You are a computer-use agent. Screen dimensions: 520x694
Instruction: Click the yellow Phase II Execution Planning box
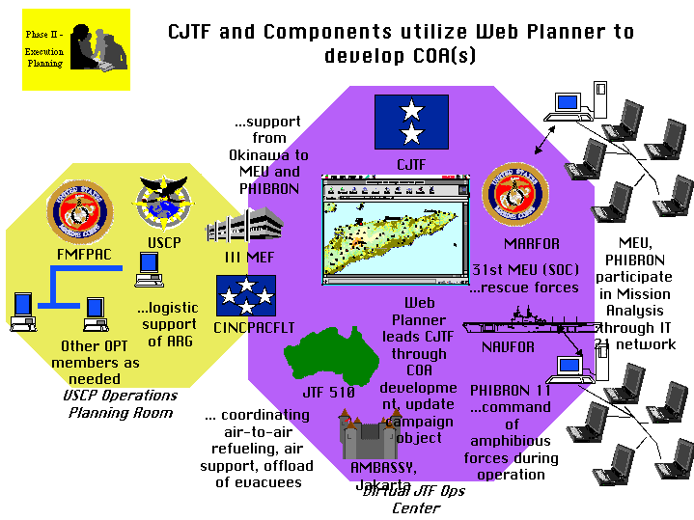coord(75,49)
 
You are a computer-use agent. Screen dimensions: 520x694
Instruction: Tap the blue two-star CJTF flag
coord(411,123)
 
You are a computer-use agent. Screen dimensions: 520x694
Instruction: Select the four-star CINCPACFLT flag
coord(245,295)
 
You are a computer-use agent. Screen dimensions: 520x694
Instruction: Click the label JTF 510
coord(328,393)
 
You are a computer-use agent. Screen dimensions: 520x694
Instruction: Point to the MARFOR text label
coord(531,244)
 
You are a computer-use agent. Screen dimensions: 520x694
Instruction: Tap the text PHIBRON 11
coord(511,391)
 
